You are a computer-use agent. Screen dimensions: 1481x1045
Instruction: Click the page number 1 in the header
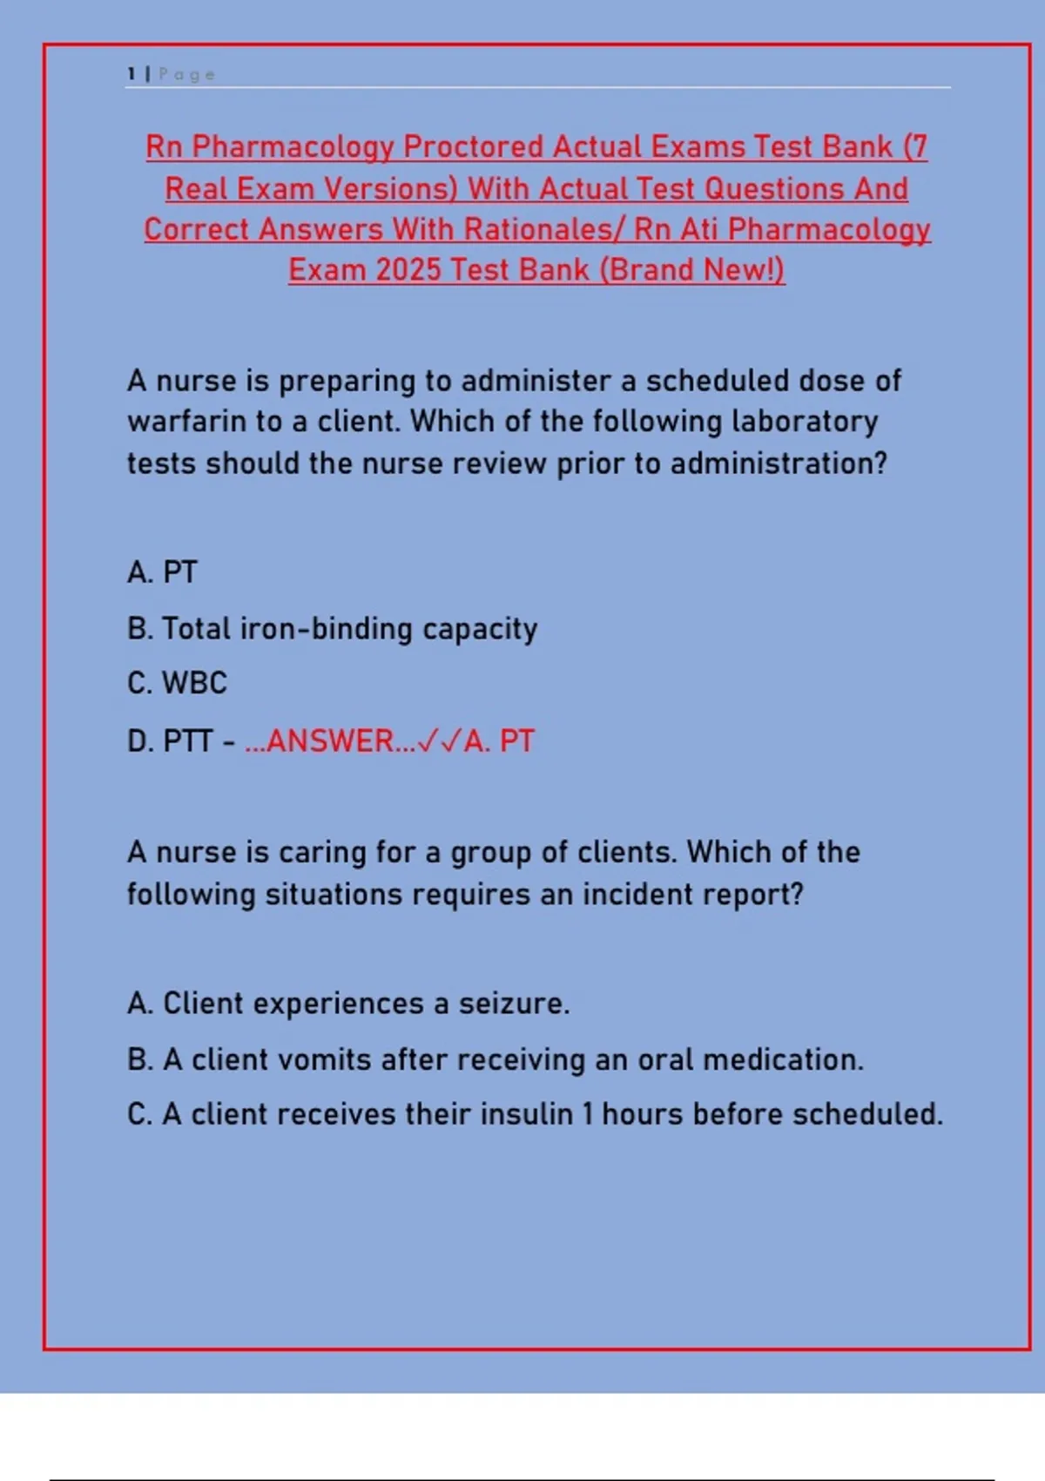(x=131, y=74)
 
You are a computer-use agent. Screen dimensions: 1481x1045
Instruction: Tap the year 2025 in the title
(x=408, y=270)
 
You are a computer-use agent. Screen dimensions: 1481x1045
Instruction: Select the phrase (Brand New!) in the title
(x=691, y=270)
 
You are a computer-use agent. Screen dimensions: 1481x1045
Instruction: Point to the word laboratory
(x=805, y=422)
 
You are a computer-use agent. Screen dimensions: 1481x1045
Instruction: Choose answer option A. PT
(x=162, y=572)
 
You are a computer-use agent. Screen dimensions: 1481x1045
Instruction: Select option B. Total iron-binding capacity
(x=332, y=629)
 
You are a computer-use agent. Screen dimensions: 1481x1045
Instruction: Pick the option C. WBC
(x=177, y=683)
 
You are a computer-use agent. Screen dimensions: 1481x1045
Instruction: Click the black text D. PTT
(x=170, y=741)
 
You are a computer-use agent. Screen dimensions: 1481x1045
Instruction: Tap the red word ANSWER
(x=330, y=741)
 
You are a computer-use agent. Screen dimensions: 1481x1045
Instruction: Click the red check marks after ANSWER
(x=439, y=741)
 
